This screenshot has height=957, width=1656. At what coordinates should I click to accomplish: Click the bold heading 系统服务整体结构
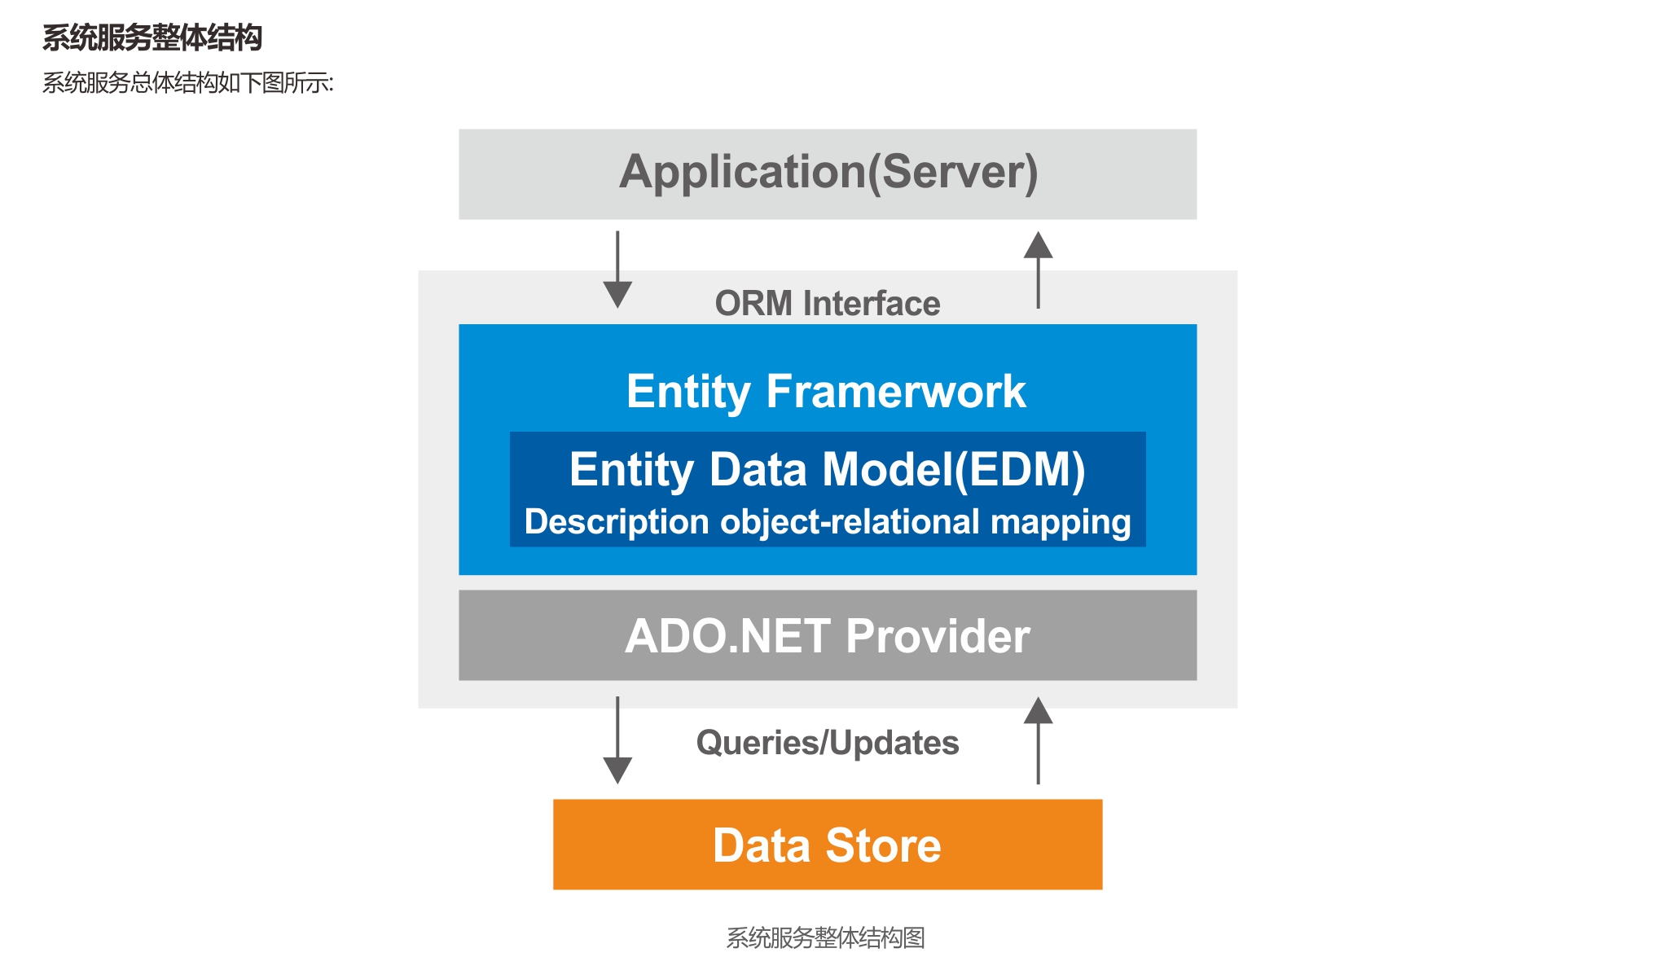pos(152,37)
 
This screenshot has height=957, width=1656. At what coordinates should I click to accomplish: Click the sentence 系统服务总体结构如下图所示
pos(187,82)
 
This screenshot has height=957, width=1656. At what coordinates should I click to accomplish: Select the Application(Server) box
pos(828,173)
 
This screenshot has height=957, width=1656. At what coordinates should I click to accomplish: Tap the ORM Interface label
pos(828,303)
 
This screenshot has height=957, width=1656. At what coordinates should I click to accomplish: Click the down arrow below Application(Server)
pos(617,270)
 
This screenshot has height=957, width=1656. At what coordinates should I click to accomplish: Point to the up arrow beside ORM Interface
pos(1038,270)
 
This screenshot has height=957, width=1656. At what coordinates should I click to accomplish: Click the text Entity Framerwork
pos(826,392)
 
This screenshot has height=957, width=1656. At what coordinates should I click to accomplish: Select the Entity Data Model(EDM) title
pos(828,470)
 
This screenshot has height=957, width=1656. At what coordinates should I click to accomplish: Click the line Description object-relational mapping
pos(828,522)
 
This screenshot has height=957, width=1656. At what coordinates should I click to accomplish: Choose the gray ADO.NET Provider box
pos(828,635)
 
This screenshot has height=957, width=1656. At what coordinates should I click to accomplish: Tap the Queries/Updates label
pos(828,743)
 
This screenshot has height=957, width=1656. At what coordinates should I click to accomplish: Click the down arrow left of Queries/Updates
pos(617,740)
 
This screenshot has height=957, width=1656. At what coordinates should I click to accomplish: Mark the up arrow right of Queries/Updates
pos(1038,740)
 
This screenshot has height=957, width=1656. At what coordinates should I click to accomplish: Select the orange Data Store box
pos(828,845)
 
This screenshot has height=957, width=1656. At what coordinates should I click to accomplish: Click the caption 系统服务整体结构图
pos(826,937)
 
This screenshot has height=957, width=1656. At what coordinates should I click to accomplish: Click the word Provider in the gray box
pos(938,636)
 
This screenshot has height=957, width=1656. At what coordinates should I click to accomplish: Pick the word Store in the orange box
pos(884,845)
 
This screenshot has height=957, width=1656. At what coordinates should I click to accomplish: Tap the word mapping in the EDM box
pos(1061,523)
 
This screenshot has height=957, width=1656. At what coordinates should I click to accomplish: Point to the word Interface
pos(872,303)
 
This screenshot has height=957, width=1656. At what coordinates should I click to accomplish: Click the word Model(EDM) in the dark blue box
pos(954,470)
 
